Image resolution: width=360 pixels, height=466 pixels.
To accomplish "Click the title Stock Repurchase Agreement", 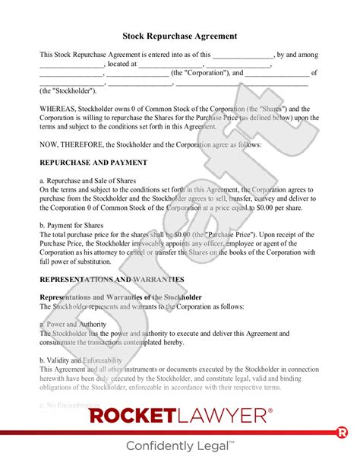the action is point(179,36).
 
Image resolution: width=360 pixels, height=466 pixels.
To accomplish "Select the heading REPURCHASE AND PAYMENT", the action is point(87,163).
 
